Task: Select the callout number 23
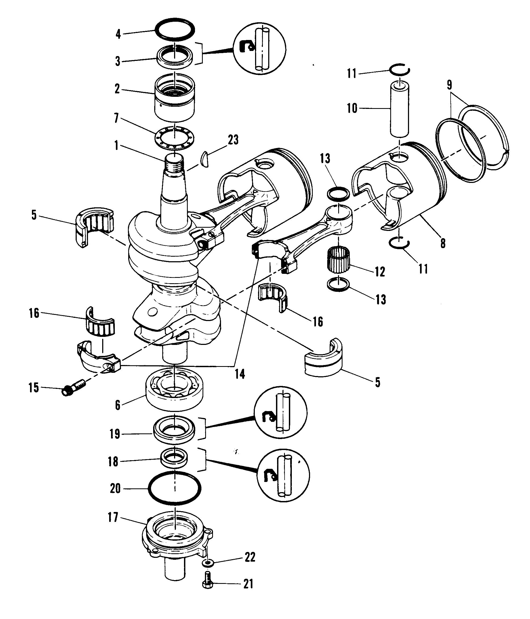pyautogui.click(x=233, y=139)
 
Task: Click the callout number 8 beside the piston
pyautogui.click(x=443, y=243)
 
